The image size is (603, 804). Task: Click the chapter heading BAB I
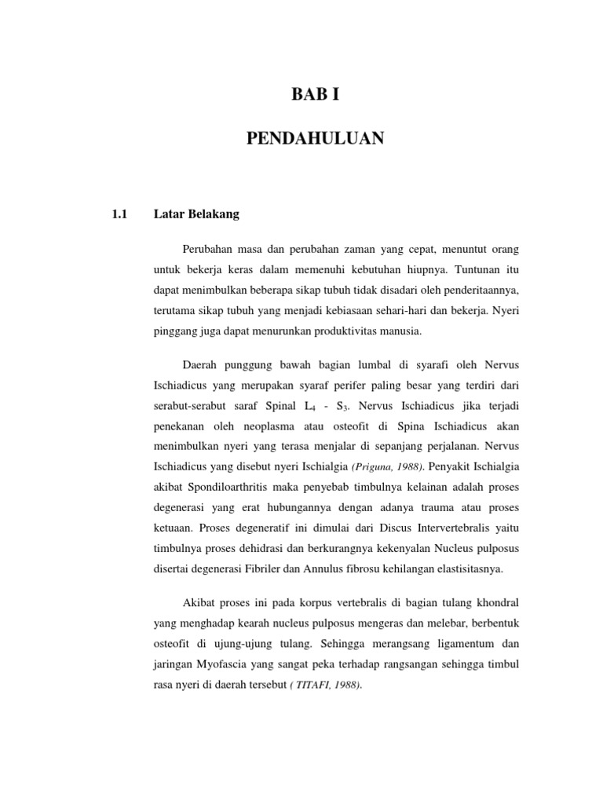click(316, 97)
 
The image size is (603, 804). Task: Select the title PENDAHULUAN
click(316, 139)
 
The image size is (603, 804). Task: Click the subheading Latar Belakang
click(196, 213)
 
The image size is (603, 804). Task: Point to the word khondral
click(492, 603)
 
